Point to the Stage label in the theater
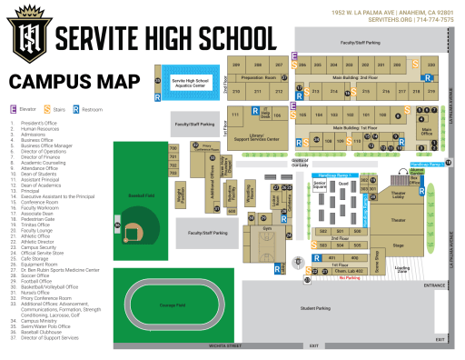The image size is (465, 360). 398,245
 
